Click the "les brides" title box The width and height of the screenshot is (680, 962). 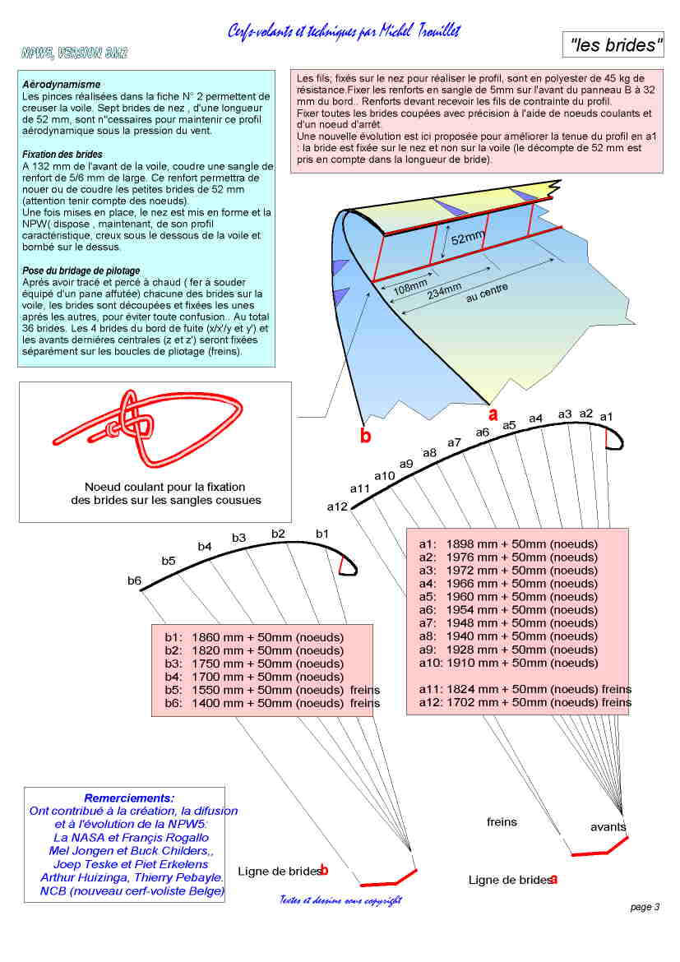click(x=614, y=46)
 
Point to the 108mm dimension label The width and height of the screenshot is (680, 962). click(x=411, y=288)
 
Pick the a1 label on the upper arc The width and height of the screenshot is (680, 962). click(x=607, y=417)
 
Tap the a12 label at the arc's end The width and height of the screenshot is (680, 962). click(x=338, y=506)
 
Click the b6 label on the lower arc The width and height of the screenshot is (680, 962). click(x=134, y=580)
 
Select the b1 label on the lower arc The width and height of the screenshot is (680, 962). click(x=322, y=534)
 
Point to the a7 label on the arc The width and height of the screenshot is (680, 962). click(x=455, y=442)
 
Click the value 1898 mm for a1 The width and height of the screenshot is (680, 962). click(x=470, y=544)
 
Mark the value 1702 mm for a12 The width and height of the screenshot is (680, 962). click(x=470, y=702)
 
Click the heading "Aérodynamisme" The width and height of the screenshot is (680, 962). click(x=62, y=84)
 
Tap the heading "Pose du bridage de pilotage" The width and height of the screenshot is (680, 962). click(x=81, y=271)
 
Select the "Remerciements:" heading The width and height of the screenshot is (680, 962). click(x=129, y=798)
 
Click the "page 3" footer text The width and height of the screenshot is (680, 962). click(x=645, y=907)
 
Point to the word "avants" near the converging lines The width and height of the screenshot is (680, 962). click(x=608, y=826)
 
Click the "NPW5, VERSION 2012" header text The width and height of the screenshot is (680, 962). click(x=74, y=53)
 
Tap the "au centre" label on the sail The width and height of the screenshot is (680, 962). click(x=488, y=293)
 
